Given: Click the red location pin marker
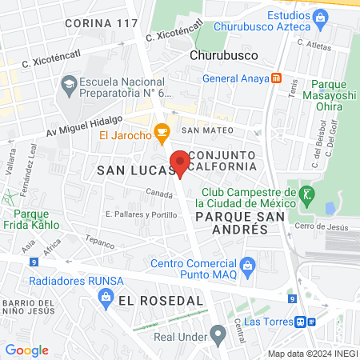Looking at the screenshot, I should [181, 162].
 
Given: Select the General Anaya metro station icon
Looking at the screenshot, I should [276, 78].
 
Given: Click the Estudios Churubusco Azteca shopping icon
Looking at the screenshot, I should [321, 16].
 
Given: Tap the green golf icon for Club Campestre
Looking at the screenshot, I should [304, 193].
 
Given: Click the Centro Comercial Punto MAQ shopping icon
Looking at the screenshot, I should [248, 264].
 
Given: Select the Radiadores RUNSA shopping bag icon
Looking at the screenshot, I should [105, 298].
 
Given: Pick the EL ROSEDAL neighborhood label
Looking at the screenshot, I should [160, 300].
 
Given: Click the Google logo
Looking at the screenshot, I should [27, 350].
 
